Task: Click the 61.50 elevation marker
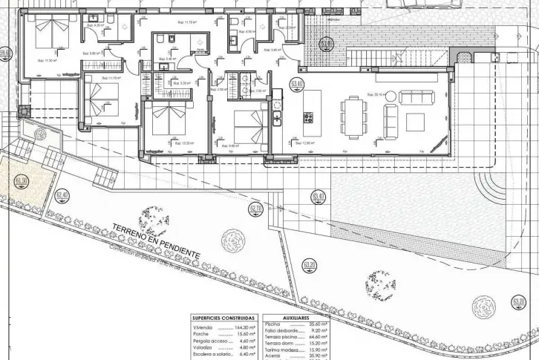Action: coord(22,180)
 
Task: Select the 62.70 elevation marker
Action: coord(257,209)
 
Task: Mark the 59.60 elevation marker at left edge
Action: coord(5,53)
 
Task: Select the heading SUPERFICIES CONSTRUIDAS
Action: coord(223,317)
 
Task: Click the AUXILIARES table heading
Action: coord(296,317)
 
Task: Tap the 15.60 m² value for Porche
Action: coord(245,333)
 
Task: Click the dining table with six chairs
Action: coord(354,116)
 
